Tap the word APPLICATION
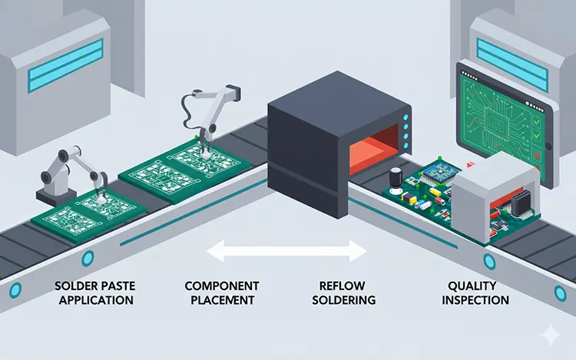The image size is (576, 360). coord(93,299)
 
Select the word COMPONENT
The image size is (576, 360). coord(222,286)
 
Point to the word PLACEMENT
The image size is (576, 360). coord(222,299)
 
